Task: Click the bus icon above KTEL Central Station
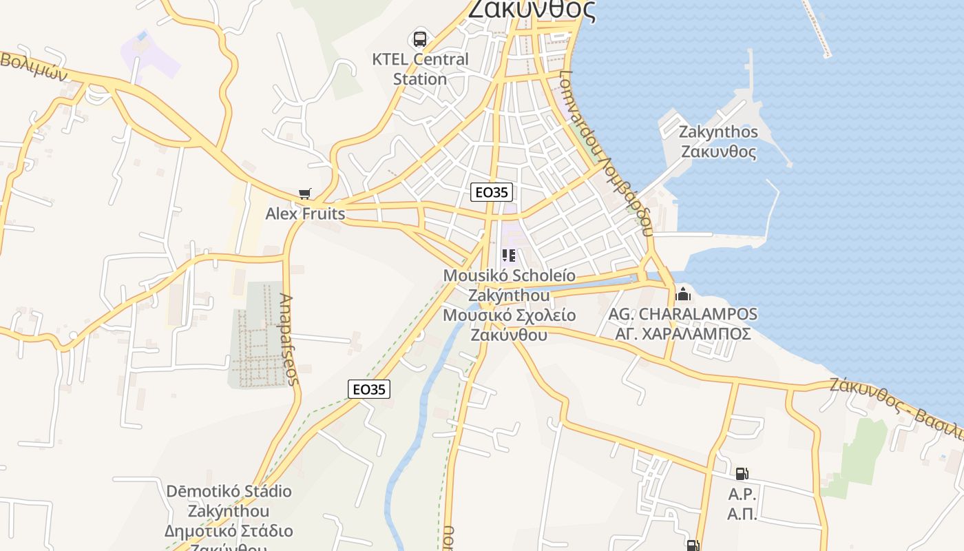point(420,39)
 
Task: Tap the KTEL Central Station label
point(420,69)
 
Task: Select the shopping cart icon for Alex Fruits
point(304,194)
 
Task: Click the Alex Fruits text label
point(305,214)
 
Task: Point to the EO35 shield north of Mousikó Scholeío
point(492,192)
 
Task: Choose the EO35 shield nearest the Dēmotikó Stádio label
point(369,389)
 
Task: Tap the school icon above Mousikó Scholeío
point(509,256)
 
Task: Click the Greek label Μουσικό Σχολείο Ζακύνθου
point(509,325)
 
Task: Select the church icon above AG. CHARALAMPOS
point(683,294)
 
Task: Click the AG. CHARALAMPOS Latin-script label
point(682,314)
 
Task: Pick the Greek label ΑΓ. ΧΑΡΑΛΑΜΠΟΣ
point(682,334)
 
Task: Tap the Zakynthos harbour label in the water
point(718,141)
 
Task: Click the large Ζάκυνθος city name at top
point(532,10)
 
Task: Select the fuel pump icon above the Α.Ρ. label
point(742,473)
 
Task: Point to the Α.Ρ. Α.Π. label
point(742,504)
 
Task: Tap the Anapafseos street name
point(288,339)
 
